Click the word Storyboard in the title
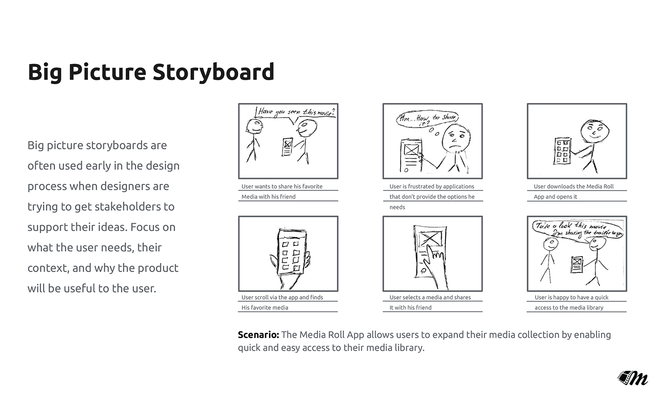pyautogui.click(x=213, y=72)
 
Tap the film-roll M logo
pyautogui.click(x=633, y=378)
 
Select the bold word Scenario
pyautogui.click(x=258, y=335)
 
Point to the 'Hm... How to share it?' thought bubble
pyautogui.click(x=427, y=119)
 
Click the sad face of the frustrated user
pyautogui.click(x=456, y=138)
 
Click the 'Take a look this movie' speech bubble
pyautogui.click(x=578, y=230)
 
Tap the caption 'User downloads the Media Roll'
pyautogui.click(x=574, y=187)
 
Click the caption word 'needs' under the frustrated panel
pyautogui.click(x=397, y=207)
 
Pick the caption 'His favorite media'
pyautogui.click(x=265, y=308)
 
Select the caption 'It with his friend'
pyautogui.click(x=410, y=308)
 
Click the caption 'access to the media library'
pyautogui.click(x=569, y=308)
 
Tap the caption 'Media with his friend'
pyautogui.click(x=268, y=196)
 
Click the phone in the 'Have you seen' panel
pyautogui.click(x=287, y=147)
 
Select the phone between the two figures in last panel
pyautogui.click(x=577, y=264)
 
